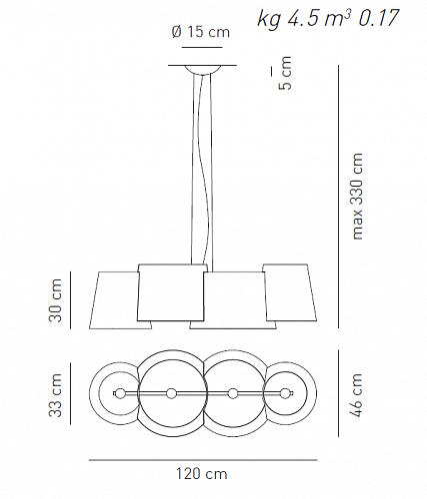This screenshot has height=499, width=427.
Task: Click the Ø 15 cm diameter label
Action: [x=201, y=32]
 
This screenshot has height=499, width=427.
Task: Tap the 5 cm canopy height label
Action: [x=285, y=73]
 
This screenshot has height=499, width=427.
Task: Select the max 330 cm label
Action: [x=357, y=197]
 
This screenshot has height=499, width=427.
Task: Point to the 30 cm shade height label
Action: [x=56, y=300]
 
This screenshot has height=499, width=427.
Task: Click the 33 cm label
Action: [x=56, y=395]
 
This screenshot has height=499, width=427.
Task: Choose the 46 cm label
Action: [x=356, y=395]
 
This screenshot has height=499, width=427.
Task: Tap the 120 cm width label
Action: [x=202, y=474]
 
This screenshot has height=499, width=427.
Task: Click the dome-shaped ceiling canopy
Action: [x=203, y=70]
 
